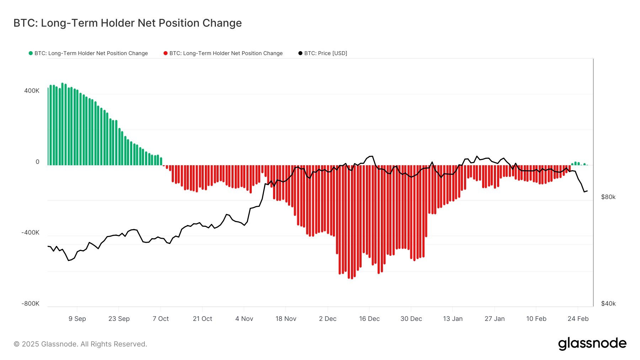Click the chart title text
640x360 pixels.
pos(127,23)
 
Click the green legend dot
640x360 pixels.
pos(31,53)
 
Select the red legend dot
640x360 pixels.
pos(165,53)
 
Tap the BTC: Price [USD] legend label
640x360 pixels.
pos(325,53)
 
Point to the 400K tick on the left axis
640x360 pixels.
pos(32,91)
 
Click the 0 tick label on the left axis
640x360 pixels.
pos(37,162)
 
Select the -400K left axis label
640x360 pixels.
pos(30,232)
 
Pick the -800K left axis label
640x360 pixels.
pos(30,303)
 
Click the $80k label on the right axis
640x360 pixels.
pos(608,197)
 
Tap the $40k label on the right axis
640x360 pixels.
pos(608,303)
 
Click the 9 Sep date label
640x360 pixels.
pos(77,319)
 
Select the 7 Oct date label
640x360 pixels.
pos(161,319)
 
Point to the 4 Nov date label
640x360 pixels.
pos(244,319)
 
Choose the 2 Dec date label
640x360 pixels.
pos(327,319)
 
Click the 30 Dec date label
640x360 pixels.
pos(411,319)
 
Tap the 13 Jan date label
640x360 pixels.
pos(453,319)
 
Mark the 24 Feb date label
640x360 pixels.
pos(578,319)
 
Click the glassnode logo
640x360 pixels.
pos(592,344)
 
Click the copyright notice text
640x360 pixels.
pos(80,344)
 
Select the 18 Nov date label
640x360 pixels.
pos(286,319)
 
